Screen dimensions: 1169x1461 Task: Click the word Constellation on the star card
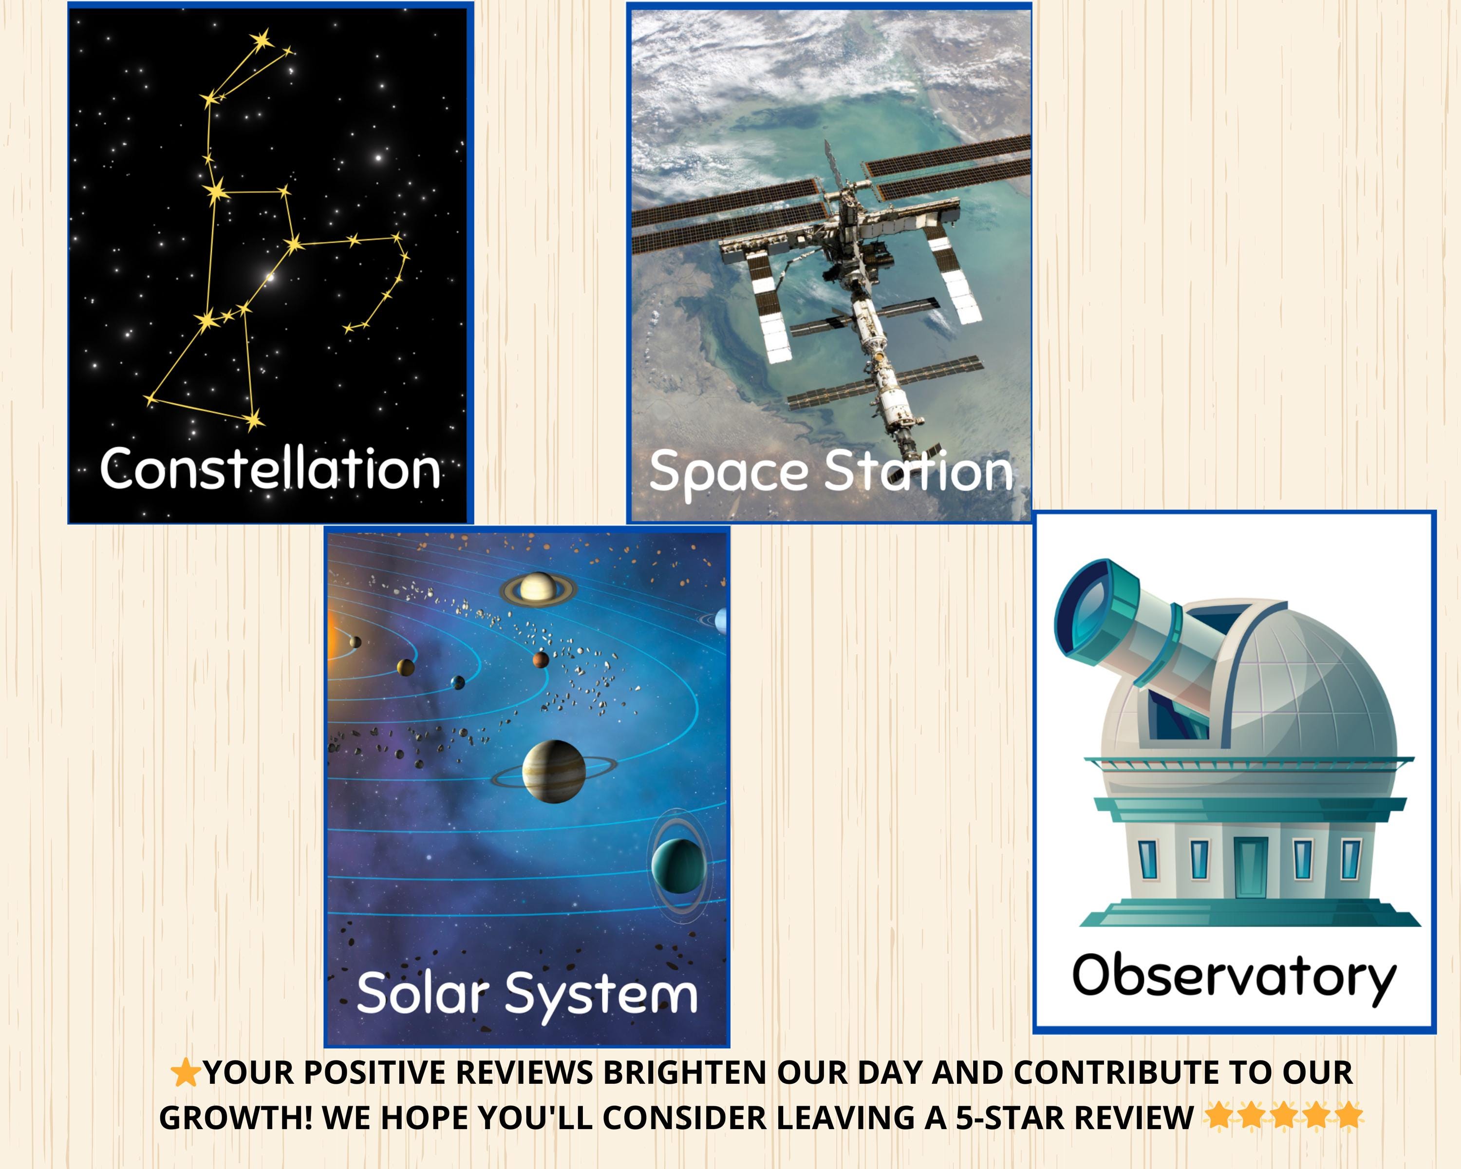(x=270, y=469)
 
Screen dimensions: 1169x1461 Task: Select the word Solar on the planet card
(x=421, y=993)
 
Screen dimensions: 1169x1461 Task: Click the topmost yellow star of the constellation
(x=262, y=40)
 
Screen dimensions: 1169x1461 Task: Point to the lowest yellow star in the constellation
(x=253, y=421)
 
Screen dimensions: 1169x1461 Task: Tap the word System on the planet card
(x=602, y=994)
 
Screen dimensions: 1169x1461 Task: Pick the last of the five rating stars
(x=1348, y=1115)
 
